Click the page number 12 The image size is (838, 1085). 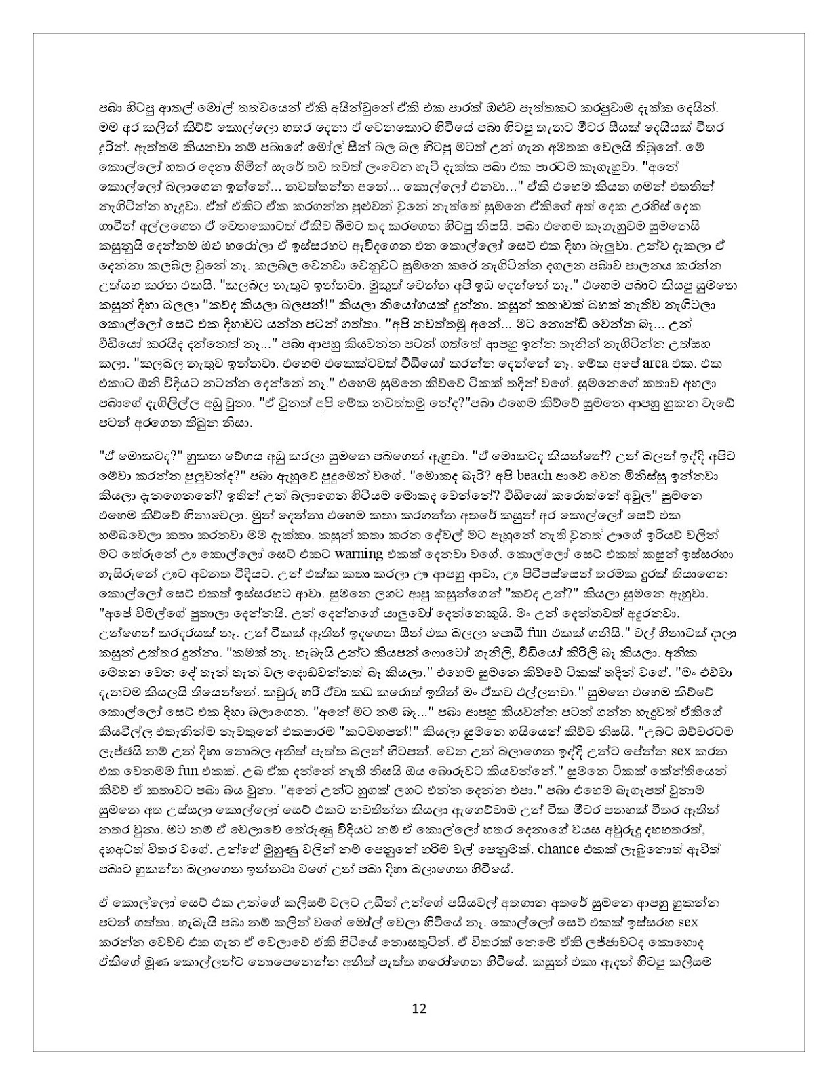click(418, 1008)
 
